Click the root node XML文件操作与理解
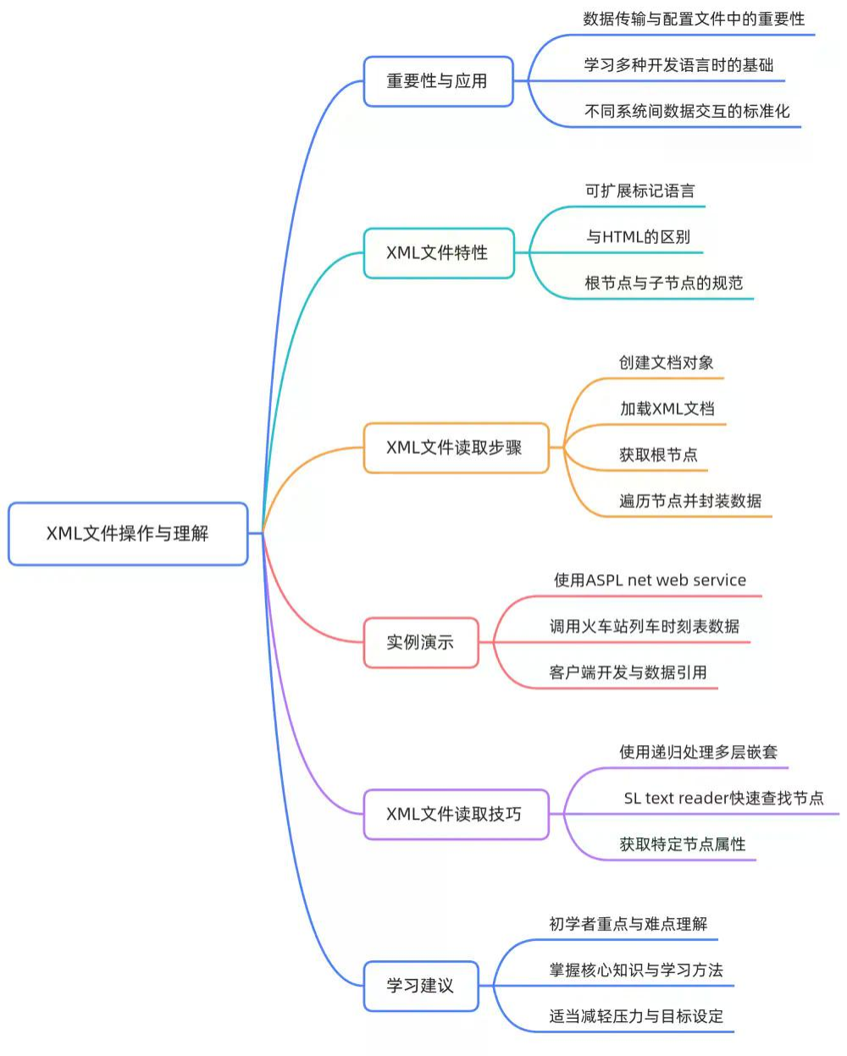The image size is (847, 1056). pyautogui.click(x=128, y=534)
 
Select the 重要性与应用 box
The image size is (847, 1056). pyautogui.click(x=438, y=81)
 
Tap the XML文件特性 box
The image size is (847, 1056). pyautogui.click(x=438, y=252)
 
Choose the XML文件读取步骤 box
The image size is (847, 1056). pyautogui.click(x=456, y=447)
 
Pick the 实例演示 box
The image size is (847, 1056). pyautogui.click(x=421, y=642)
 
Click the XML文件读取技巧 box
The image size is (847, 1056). pyautogui.click(x=456, y=814)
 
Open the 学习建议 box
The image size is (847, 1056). pyautogui.click(x=421, y=985)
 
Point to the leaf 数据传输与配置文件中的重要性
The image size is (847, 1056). pyautogui.click(x=694, y=19)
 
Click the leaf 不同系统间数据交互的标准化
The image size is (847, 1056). pyautogui.click(x=687, y=111)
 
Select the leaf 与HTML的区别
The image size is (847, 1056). pyautogui.click(x=639, y=237)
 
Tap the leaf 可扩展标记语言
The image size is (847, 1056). pyautogui.click(x=640, y=191)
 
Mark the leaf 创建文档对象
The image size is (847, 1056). pyautogui.click(x=667, y=362)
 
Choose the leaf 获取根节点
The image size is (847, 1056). pyautogui.click(x=658, y=455)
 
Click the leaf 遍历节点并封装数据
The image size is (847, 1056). pyautogui.click(x=690, y=500)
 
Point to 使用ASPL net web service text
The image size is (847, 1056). pyautogui.click(x=650, y=580)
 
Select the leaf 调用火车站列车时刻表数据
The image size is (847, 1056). pyautogui.click(x=644, y=627)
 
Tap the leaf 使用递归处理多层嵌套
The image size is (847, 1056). pyautogui.click(x=698, y=752)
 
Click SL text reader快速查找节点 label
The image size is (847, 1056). pyautogui.click(x=723, y=798)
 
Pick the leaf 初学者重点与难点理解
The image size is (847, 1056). pyautogui.click(x=628, y=924)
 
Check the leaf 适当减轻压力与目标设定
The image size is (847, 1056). pyautogui.click(x=636, y=1016)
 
